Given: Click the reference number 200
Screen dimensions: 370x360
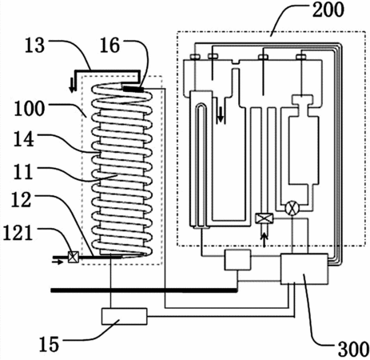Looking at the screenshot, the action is [328, 10].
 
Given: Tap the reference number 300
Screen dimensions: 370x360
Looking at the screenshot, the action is [353, 349].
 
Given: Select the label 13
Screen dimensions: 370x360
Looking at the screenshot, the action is [34, 45].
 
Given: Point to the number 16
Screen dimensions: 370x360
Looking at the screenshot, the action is [109, 45].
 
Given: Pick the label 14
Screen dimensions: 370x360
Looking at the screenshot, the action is [24, 138].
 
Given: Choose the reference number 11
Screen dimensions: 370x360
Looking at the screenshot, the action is [23, 171].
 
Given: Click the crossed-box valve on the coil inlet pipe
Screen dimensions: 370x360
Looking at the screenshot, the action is [72, 257].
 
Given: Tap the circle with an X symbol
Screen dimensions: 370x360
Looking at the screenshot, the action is [292, 207].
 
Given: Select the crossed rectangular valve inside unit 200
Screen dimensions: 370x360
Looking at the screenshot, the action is [264, 218].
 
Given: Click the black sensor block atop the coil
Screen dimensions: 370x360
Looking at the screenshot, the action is [133, 89].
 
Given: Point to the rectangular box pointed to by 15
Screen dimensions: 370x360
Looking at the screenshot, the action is [124, 316].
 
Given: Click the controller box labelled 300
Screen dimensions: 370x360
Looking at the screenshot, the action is [304, 269].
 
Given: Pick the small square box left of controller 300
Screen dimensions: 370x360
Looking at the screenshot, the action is [237, 260].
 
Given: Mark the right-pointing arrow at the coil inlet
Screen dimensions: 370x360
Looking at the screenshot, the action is [58, 262].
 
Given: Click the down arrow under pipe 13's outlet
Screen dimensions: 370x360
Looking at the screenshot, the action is [72, 85].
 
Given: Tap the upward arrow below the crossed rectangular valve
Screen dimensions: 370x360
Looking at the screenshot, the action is [264, 240].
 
